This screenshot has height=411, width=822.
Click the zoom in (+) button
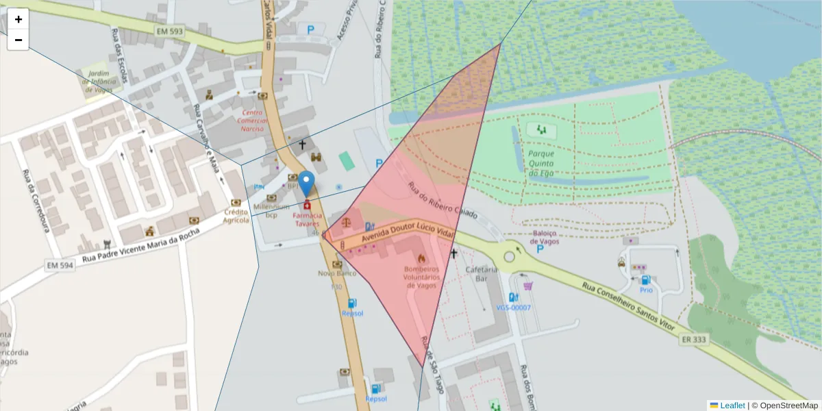point(18,19)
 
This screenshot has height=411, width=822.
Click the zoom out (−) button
point(18,40)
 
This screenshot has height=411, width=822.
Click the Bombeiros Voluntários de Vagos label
point(421,277)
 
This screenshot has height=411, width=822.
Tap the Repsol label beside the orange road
point(352,313)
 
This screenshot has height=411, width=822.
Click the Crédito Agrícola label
point(236,216)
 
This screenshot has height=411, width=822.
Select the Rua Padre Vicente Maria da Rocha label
point(141,245)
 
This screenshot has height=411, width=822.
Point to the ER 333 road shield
point(695,339)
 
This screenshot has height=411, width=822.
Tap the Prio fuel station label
point(646,290)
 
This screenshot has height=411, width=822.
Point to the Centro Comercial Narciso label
point(252,121)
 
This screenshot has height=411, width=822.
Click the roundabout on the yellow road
point(509,257)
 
